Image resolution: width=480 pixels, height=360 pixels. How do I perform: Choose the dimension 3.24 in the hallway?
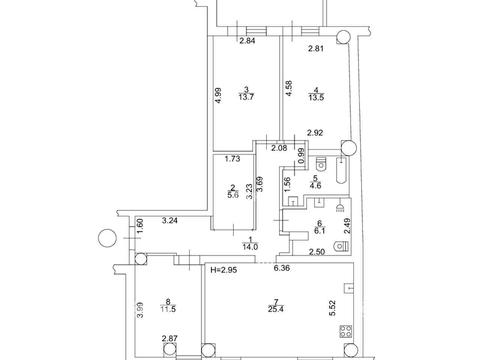[170, 219]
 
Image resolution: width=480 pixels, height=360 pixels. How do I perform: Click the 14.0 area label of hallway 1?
[248, 245]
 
